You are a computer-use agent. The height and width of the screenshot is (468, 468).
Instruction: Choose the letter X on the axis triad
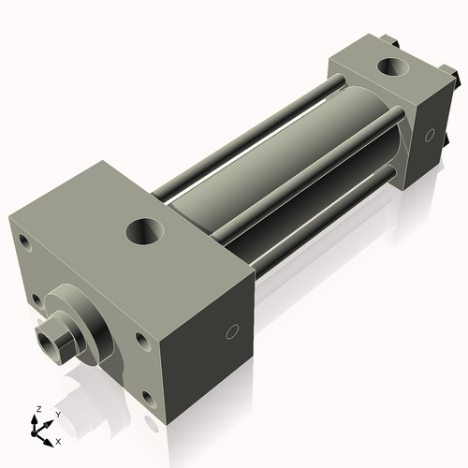coord(59,440)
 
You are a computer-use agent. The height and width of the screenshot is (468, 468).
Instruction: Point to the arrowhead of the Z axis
coord(37,418)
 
